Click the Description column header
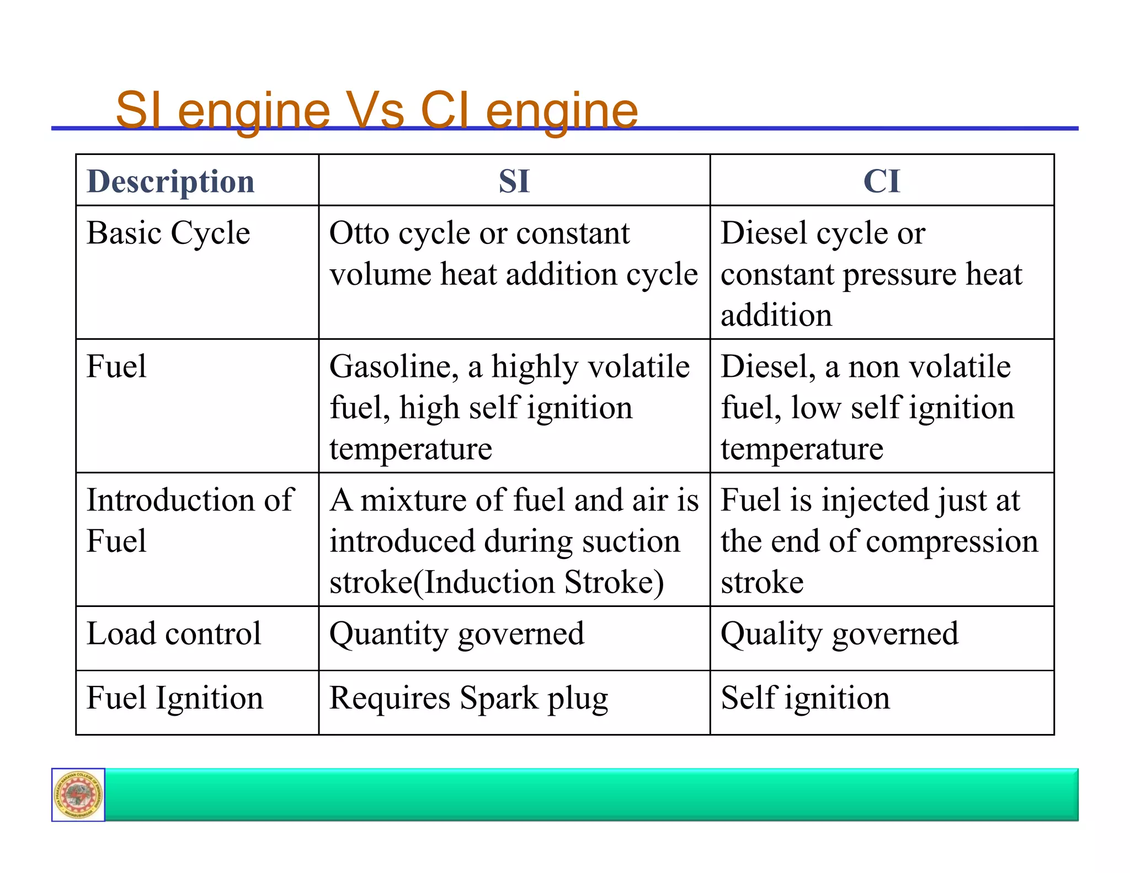coord(170,182)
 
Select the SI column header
coord(514,182)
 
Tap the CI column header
coord(881,182)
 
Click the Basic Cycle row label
coord(168,233)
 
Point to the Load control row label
coord(174,634)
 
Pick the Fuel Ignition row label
coord(175,698)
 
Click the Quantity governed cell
coord(456,634)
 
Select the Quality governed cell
coord(839,634)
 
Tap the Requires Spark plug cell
coord(468,699)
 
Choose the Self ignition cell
coord(805,698)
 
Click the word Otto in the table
coord(359,233)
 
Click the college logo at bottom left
coord(78,795)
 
